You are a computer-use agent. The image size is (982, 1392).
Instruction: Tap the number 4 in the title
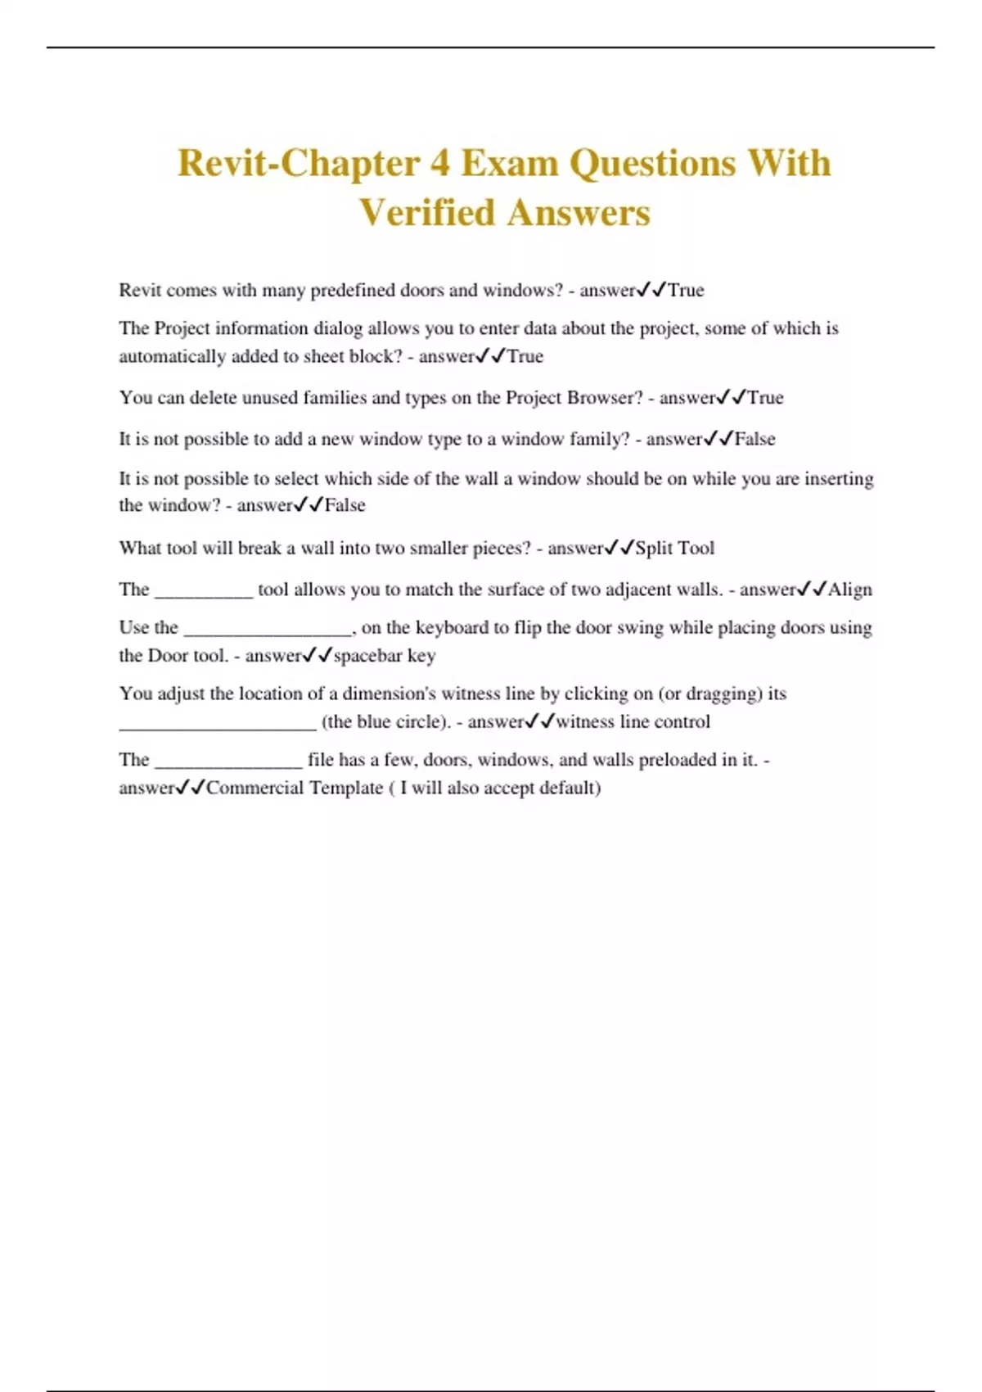(439, 163)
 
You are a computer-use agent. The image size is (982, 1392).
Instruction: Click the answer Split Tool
(674, 548)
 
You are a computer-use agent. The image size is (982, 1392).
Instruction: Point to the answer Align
(849, 590)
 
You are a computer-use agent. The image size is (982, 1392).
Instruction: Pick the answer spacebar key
(384, 656)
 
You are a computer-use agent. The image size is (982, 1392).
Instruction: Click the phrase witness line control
(633, 722)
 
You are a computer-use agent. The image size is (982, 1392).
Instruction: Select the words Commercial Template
(294, 788)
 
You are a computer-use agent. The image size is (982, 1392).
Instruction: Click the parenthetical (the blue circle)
(386, 722)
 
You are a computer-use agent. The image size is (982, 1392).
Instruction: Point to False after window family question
(755, 439)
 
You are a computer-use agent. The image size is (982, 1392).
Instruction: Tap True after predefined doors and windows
(686, 291)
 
